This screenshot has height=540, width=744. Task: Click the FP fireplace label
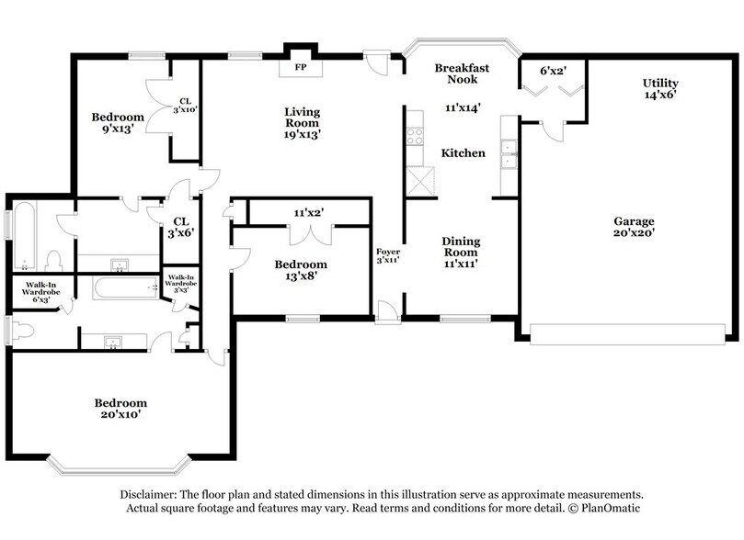tap(300, 67)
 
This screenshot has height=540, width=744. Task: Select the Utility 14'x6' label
tap(660, 89)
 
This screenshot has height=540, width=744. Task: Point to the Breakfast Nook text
tap(462, 73)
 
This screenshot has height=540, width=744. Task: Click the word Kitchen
tap(463, 153)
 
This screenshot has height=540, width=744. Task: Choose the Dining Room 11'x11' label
tap(462, 253)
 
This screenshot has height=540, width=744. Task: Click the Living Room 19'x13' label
tap(302, 123)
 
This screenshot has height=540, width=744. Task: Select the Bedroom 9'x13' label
tap(118, 123)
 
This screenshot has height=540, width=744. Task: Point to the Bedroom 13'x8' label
tap(301, 271)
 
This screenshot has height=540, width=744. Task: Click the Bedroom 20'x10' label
tap(120, 409)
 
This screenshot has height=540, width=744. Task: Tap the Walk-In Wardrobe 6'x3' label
tap(39, 292)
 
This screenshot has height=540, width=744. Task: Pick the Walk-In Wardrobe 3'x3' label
tap(179, 283)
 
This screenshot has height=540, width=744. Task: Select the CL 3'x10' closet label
tap(186, 106)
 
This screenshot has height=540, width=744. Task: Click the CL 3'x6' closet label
tap(181, 227)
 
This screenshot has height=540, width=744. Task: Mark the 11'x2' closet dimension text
tap(310, 213)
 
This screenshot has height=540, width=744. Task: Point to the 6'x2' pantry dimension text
tap(553, 71)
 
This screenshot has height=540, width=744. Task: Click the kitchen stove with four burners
tap(415, 135)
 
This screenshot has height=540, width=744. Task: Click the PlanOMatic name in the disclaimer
tap(608, 508)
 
